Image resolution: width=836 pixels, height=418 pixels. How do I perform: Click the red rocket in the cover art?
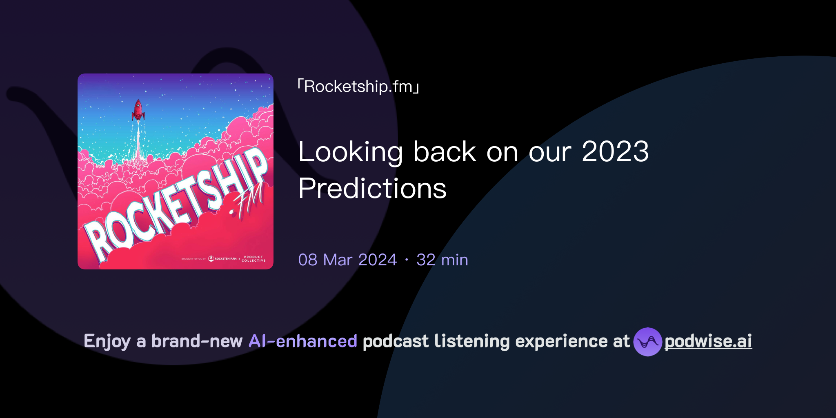click(x=138, y=110)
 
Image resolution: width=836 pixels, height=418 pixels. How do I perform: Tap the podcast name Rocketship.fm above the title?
click(x=358, y=87)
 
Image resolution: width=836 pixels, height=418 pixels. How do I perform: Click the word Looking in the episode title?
click(x=351, y=152)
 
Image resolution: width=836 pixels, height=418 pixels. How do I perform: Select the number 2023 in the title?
click(x=615, y=152)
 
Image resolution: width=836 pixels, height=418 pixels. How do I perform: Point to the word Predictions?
click(x=372, y=189)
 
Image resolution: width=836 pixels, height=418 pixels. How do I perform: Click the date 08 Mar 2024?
click(x=347, y=260)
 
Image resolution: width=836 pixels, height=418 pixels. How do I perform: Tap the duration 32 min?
click(x=442, y=260)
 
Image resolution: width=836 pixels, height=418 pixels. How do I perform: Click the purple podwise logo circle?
click(x=647, y=342)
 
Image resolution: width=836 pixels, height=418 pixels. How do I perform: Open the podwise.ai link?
click(x=708, y=342)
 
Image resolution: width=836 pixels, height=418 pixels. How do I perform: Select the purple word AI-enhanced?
click(x=303, y=341)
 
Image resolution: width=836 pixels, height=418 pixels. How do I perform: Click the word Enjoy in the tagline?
click(x=107, y=341)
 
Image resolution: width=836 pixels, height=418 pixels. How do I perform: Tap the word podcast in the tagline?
click(x=396, y=341)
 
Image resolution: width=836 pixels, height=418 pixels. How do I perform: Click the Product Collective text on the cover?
click(x=253, y=259)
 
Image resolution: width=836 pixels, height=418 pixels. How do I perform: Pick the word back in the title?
click(x=445, y=152)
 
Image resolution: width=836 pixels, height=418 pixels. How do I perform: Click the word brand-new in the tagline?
click(x=197, y=341)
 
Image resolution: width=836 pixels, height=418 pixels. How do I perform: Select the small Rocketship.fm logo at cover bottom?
click(x=223, y=259)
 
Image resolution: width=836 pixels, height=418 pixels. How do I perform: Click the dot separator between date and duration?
click(x=407, y=260)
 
